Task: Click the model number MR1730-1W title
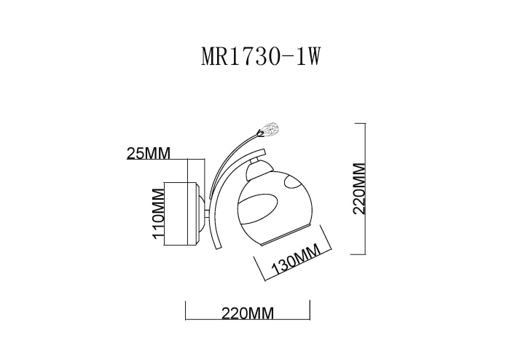click(x=260, y=58)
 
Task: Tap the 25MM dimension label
click(x=148, y=153)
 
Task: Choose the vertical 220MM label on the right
click(x=358, y=188)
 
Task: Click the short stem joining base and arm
click(x=207, y=214)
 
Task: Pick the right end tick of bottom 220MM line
click(x=311, y=308)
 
